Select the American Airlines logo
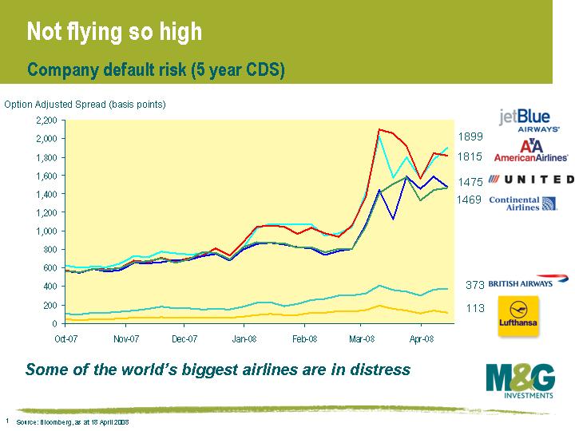[x=531, y=151]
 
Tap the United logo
[x=531, y=179]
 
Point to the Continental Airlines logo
[x=523, y=202]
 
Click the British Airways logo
[x=528, y=282]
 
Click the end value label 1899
[x=470, y=137]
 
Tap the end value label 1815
[x=470, y=157]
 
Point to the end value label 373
[x=475, y=285]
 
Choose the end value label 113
[x=475, y=308]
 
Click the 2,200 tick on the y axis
[x=46, y=120]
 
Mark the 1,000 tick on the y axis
[x=46, y=231]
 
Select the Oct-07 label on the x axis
[x=65, y=338]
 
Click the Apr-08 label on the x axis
[x=422, y=338]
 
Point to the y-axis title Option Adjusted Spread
[x=85, y=105]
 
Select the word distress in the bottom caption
[x=380, y=370]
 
